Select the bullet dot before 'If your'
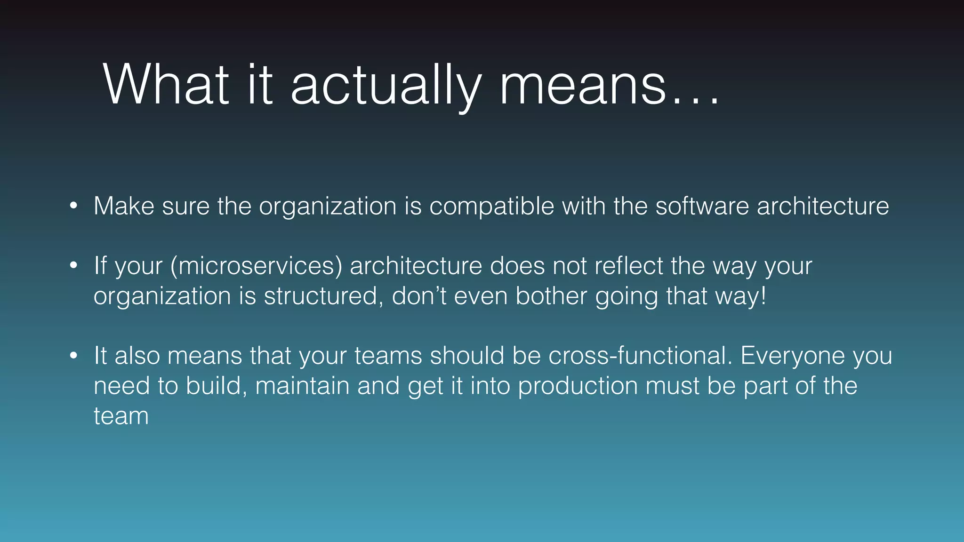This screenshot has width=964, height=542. click(x=73, y=265)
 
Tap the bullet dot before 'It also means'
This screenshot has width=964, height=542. click(x=73, y=355)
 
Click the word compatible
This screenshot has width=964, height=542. click(x=491, y=206)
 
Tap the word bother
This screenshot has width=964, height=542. click(x=551, y=296)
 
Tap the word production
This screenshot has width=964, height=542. click(x=578, y=386)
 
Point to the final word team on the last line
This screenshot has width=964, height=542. click(x=121, y=416)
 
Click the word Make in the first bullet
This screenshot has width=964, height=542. click(x=124, y=206)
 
